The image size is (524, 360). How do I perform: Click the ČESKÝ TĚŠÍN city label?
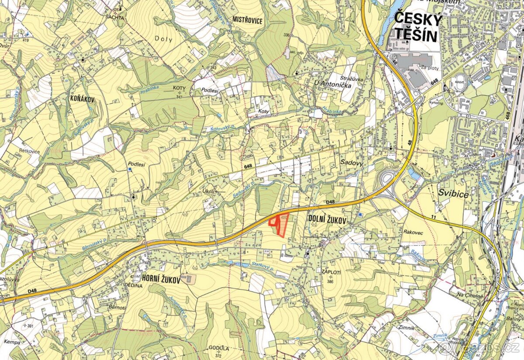[416, 27]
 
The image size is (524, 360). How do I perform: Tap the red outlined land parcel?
[280, 225]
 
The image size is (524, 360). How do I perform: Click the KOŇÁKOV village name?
[82, 99]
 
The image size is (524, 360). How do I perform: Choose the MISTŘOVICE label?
[248, 20]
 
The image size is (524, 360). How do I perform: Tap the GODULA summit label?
[219, 348]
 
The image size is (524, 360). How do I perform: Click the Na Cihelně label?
[471, 296]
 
